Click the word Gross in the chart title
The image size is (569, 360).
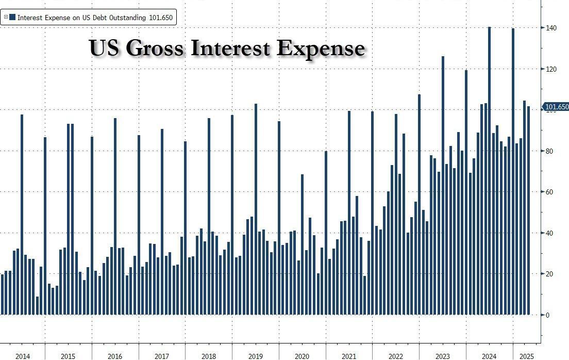pos(155,48)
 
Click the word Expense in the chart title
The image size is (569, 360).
pos(321,48)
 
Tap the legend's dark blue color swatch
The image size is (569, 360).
pos(12,17)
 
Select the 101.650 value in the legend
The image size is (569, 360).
pos(161,18)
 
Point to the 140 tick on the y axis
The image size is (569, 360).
pos(551,28)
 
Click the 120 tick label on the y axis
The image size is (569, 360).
pos(551,69)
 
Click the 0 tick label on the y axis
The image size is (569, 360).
pos(548,315)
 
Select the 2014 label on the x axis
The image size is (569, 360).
pos(22,356)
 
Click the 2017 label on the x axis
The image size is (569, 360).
pos(161,356)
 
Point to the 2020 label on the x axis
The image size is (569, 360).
pos(302,356)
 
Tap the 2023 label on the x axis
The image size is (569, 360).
pos(442,356)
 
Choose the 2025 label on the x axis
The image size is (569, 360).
pos(526,356)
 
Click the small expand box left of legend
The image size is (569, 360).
pos(5,17)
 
